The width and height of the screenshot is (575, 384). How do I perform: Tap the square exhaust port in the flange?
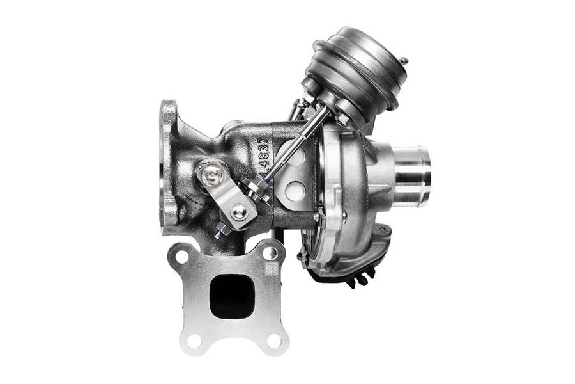tap(231, 296)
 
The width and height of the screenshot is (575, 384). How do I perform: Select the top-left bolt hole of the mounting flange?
tap(181, 256)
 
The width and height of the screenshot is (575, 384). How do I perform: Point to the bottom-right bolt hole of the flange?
tap(274, 341)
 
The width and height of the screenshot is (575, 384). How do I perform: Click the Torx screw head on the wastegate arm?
tap(211, 173)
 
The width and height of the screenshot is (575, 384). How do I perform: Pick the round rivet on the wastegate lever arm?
tap(239, 211)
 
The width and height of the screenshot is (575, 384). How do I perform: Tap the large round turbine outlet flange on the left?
tap(168, 166)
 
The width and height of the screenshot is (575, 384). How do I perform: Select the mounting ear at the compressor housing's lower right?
tap(382, 232)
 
